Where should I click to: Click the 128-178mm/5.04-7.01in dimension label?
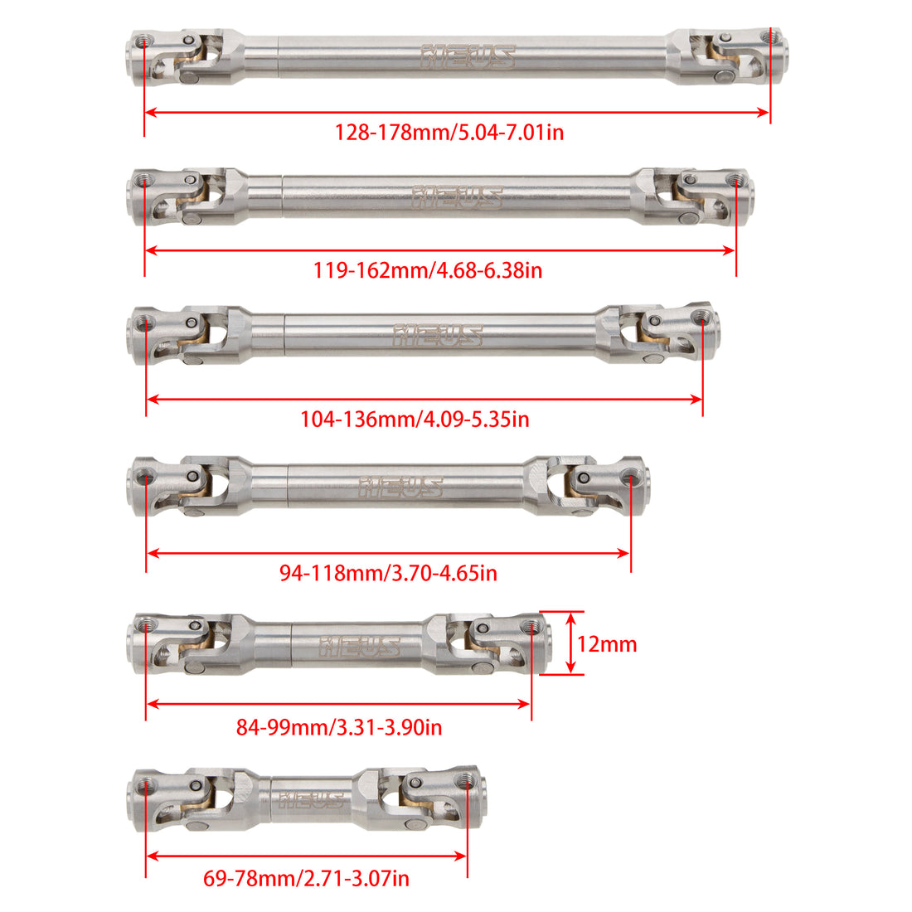click(449, 133)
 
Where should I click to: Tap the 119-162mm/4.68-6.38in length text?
click(428, 270)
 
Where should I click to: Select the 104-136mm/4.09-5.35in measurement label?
click(415, 420)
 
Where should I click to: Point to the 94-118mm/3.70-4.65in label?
click(388, 574)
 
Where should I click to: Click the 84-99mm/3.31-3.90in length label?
click(339, 728)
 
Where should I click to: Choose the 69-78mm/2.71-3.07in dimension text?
click(306, 878)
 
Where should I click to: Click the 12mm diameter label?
click(607, 644)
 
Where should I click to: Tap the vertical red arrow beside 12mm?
click(571, 643)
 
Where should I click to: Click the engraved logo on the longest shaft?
click(468, 57)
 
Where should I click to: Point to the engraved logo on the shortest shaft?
click(311, 800)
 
